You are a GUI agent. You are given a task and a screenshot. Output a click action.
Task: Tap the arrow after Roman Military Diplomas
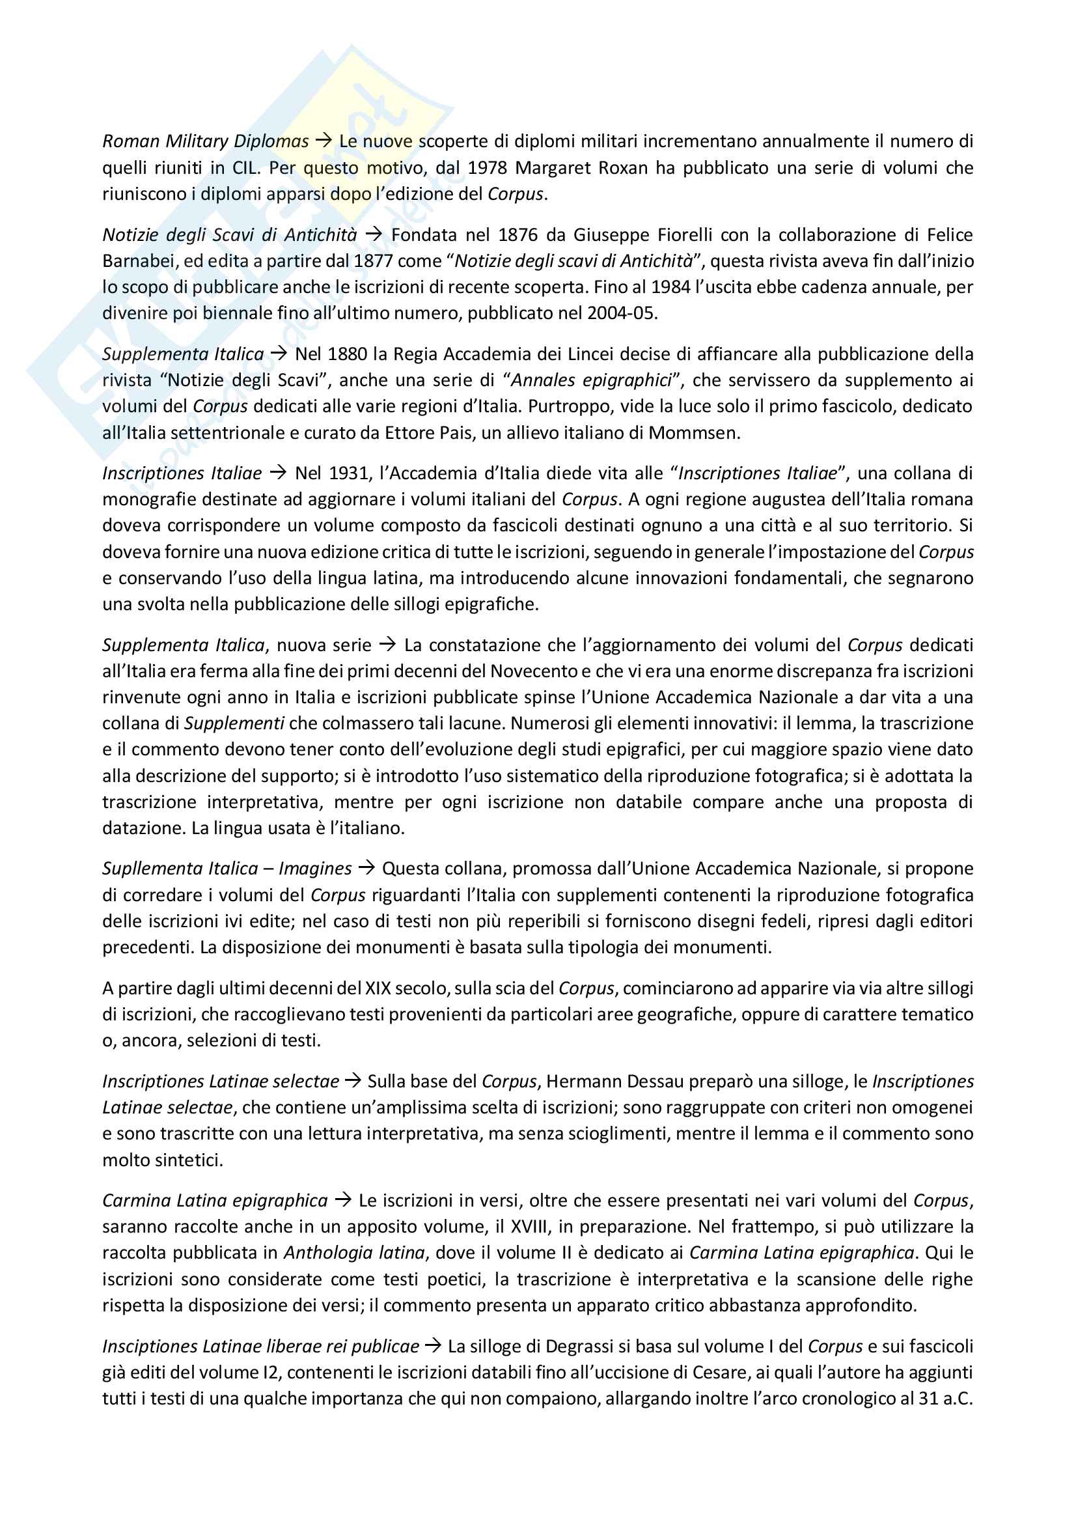click(x=324, y=141)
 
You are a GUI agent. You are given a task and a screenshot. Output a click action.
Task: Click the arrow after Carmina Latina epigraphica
click(x=343, y=1200)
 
